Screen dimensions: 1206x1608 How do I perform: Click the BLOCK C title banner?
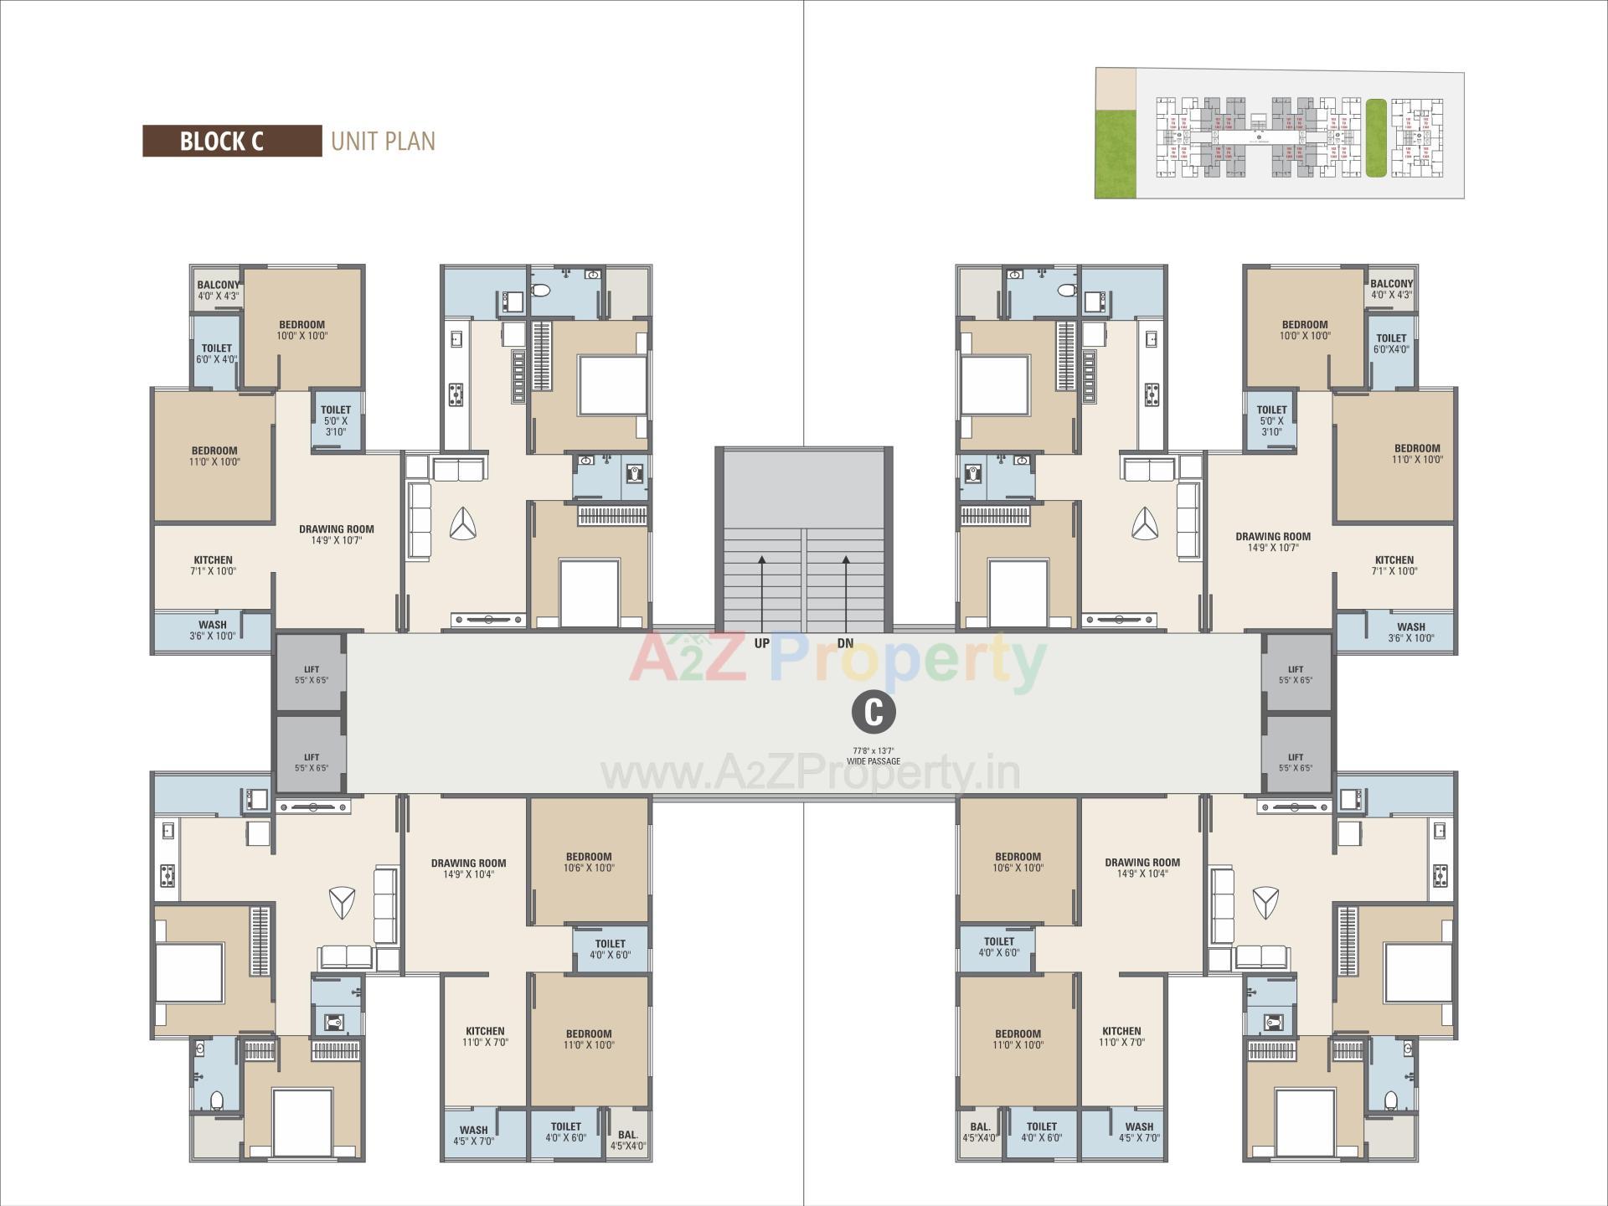coord(232,141)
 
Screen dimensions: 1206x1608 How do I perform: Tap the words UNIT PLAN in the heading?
coord(383,141)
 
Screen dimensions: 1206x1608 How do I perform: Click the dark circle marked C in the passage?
coord(874,712)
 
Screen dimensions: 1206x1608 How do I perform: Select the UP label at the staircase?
coord(761,643)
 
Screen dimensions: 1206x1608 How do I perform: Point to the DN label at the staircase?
coord(845,643)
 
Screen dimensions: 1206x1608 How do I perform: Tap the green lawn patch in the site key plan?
coord(1116,154)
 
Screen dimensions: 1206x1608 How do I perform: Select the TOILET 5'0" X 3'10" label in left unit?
coord(335,420)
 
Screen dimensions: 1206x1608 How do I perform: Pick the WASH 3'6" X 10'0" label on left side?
coord(213,630)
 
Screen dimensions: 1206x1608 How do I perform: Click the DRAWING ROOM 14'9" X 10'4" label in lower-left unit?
coord(468,868)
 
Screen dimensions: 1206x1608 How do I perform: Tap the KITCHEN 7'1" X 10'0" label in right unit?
coord(1394,565)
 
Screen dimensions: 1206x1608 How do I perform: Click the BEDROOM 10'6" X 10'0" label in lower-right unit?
coord(1018,862)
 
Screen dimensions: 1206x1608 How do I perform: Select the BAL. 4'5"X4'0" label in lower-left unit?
coord(627,1140)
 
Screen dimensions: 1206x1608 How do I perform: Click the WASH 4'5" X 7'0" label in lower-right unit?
coord(1139,1132)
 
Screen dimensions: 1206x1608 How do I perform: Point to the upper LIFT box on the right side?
coord(1296,674)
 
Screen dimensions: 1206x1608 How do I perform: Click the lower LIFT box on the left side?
coord(311,762)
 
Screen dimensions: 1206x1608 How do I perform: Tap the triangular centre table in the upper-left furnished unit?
coord(462,525)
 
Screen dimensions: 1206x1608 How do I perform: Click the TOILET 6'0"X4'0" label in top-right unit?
coord(1391,343)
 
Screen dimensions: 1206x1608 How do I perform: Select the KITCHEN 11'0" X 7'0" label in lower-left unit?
coord(485,1036)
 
